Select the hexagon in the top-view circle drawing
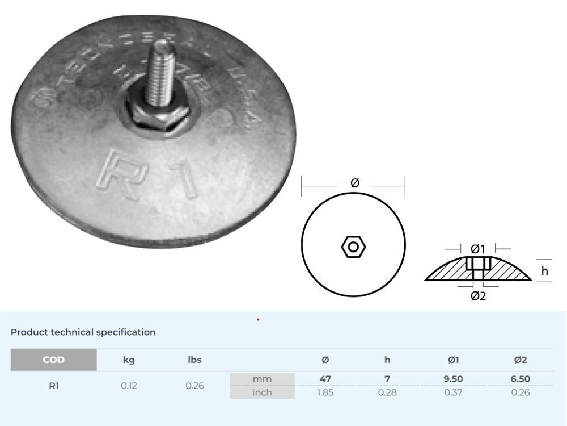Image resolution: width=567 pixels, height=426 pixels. [x=353, y=247]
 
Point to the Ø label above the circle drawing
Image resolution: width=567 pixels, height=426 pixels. [x=354, y=183]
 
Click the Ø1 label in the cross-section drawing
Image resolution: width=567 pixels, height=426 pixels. [x=478, y=249]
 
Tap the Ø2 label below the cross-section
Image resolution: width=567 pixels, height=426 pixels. [x=478, y=296]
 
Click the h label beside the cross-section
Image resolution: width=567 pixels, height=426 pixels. [x=544, y=271]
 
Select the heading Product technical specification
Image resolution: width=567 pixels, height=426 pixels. [x=83, y=332]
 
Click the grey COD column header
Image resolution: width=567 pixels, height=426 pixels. [x=53, y=360]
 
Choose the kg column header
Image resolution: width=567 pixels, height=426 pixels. [x=129, y=360]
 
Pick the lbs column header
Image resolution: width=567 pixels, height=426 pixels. [x=194, y=360]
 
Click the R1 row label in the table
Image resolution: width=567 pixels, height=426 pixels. [x=53, y=386]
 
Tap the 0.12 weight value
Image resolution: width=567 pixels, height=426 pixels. [x=129, y=386]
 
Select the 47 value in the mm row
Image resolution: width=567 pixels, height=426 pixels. [x=325, y=379]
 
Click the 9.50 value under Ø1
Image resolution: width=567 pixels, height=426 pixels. [x=454, y=379]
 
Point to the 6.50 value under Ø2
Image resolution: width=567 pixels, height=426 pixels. [x=520, y=379]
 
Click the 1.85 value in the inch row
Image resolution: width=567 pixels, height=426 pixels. [x=325, y=392]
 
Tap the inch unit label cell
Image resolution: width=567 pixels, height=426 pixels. [x=262, y=392]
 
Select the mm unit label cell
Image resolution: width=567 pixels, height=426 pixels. [x=262, y=379]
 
